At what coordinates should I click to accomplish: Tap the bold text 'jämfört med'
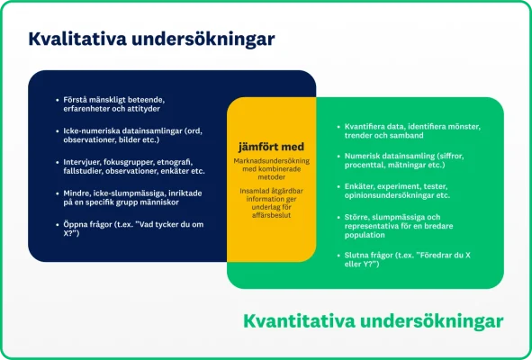tap(271, 147)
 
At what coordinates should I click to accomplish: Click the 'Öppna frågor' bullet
tap(126, 229)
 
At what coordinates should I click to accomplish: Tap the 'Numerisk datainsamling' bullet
tap(410, 160)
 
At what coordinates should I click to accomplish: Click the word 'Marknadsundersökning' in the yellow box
tap(271, 160)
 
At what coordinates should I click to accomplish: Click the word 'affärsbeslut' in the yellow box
tap(271, 216)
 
